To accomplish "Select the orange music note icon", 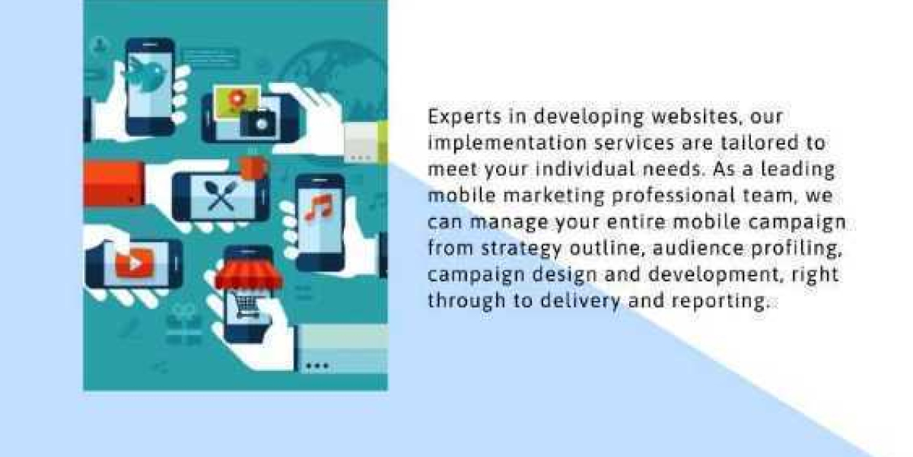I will click(319, 206).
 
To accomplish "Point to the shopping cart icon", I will click(246, 305).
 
